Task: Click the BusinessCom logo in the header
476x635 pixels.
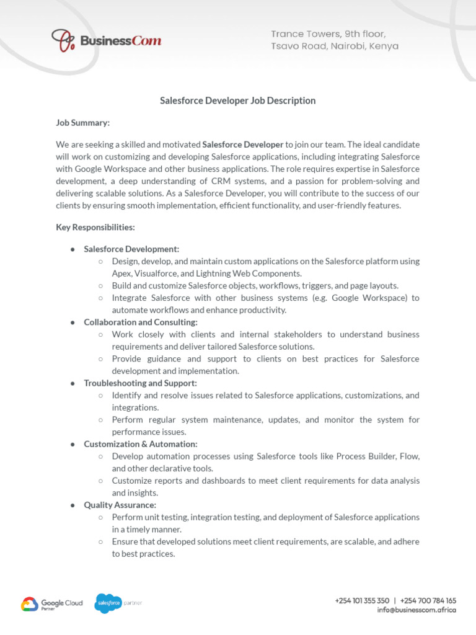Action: [x=106, y=41]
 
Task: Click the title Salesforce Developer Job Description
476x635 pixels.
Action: [x=238, y=100]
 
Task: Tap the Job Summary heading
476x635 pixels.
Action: [x=83, y=123]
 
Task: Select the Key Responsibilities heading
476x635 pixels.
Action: [x=95, y=228]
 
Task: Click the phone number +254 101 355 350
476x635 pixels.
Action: [x=362, y=600]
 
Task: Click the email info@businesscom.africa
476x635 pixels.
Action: [x=416, y=610]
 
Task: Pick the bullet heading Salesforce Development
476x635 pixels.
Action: [x=131, y=249]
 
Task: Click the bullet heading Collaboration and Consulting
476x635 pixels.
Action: [x=141, y=322]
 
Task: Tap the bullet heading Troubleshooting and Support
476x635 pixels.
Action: [x=140, y=383]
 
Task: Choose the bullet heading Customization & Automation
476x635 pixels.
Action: [x=141, y=444]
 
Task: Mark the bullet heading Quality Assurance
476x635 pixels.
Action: [x=120, y=505]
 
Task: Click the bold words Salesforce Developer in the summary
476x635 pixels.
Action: [x=243, y=144]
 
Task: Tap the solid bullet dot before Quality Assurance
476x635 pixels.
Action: [x=73, y=505]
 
